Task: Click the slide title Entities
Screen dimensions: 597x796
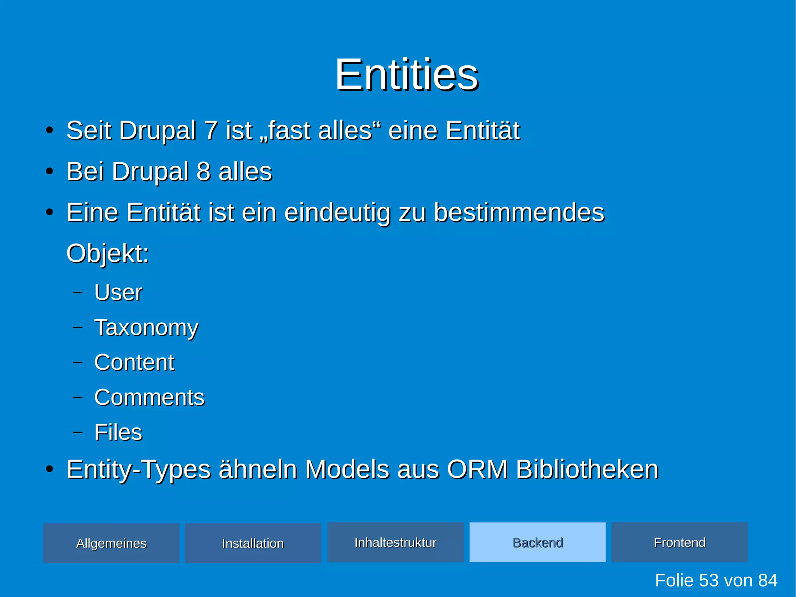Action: (407, 75)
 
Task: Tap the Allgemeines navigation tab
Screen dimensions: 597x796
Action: (111, 543)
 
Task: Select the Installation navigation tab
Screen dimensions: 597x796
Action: (253, 543)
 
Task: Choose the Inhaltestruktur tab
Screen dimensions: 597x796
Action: (395, 542)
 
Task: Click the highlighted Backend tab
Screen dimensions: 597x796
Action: (538, 542)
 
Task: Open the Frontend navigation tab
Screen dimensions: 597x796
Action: (679, 542)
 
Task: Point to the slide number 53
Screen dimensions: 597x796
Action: (709, 580)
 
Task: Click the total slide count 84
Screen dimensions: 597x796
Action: (767, 580)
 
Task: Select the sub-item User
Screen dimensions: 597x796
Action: (118, 292)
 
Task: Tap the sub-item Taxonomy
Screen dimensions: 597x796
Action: (146, 327)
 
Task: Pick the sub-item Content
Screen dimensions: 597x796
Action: (134, 362)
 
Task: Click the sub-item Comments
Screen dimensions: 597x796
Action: (149, 397)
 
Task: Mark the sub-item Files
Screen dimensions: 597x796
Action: (118, 432)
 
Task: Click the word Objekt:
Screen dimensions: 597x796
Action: (108, 254)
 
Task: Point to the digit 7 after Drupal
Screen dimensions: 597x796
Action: (211, 130)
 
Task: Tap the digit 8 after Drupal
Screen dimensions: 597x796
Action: (204, 172)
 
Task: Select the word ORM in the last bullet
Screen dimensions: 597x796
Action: (477, 469)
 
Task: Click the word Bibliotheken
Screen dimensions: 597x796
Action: (587, 469)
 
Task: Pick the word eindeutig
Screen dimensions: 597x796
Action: (337, 213)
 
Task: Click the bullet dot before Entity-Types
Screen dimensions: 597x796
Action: (49, 469)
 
